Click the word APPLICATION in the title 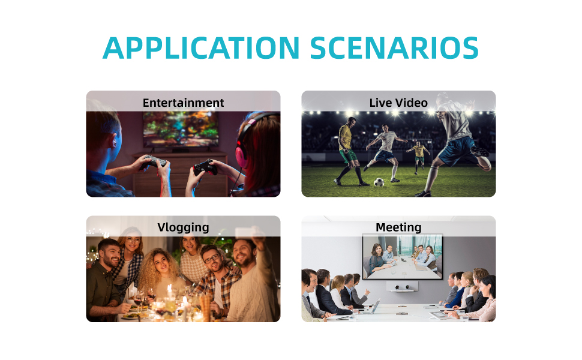(x=201, y=48)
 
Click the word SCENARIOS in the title (x=394, y=48)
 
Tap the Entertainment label (x=184, y=103)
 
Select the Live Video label (x=398, y=103)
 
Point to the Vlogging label (x=184, y=227)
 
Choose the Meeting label (x=398, y=227)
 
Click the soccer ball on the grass (x=379, y=182)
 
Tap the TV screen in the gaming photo (x=181, y=129)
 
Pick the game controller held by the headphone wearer (x=205, y=167)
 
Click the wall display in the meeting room (x=403, y=256)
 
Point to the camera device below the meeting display (x=403, y=287)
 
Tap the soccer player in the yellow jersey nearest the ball (x=349, y=151)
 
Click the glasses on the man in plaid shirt (x=211, y=259)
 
